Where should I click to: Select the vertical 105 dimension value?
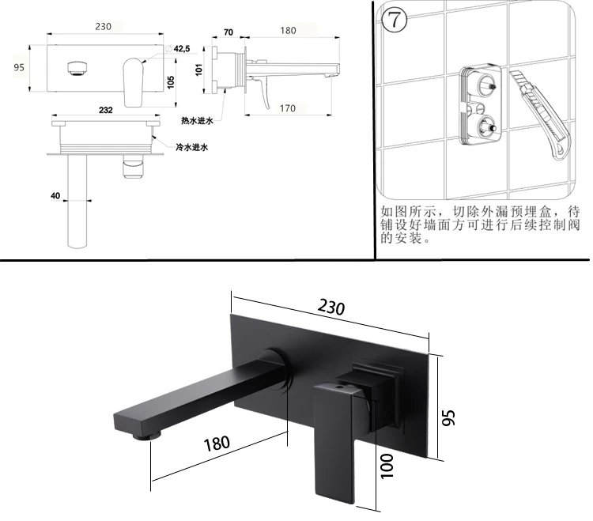(171, 81)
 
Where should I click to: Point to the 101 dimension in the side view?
(199, 70)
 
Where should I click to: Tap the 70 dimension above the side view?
(228, 32)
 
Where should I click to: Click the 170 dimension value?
(288, 108)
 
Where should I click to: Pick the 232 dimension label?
(105, 110)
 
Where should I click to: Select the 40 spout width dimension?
(55, 195)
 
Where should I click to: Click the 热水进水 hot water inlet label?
(197, 121)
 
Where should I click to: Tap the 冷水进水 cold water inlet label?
(192, 147)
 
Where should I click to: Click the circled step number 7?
(395, 19)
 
